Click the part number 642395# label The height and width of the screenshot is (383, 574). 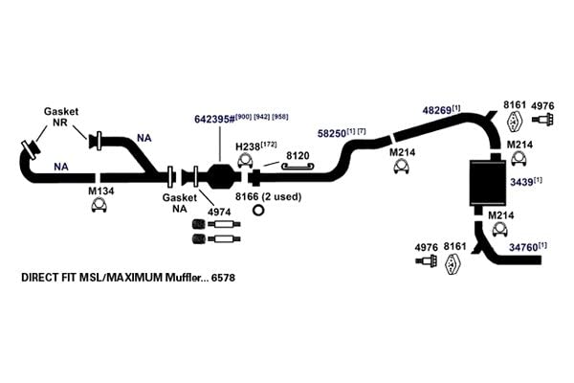click(214, 120)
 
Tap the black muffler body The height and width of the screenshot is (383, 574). click(488, 183)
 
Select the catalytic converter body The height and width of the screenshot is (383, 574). click(222, 176)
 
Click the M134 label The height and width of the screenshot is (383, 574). click(101, 191)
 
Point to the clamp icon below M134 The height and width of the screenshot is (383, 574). click(99, 206)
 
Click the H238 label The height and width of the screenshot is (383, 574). click(248, 146)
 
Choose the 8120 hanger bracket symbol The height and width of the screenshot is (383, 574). click(298, 167)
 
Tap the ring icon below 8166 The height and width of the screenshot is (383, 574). click(258, 211)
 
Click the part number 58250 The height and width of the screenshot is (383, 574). click(332, 133)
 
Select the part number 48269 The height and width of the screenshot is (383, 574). click(437, 110)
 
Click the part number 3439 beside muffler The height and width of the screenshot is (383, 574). click(521, 182)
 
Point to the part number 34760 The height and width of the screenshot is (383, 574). click(523, 248)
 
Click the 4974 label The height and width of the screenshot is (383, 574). click(219, 212)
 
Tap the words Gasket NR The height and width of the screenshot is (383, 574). click(61, 117)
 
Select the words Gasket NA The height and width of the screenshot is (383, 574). click(180, 203)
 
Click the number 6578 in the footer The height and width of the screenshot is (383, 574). click(223, 278)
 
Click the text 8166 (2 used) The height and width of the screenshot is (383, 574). click(268, 197)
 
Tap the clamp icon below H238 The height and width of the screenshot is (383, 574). click(246, 161)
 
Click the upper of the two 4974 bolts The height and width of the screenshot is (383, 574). click(216, 224)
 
